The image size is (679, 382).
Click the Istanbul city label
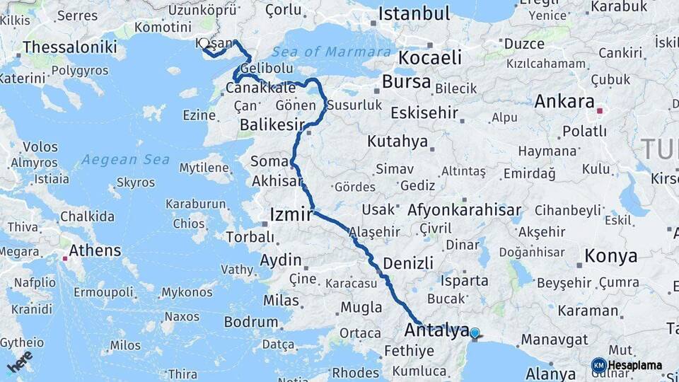(x=414, y=13)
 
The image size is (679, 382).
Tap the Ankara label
(x=564, y=101)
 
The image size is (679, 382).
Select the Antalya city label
(x=436, y=330)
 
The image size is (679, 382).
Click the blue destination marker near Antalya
(x=475, y=333)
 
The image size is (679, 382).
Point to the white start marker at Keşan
(x=204, y=43)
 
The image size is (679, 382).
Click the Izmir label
(x=291, y=214)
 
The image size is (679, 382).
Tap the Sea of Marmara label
(x=332, y=52)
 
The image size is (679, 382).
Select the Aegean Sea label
(x=125, y=160)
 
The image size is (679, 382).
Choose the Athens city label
(x=95, y=250)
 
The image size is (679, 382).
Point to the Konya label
(x=610, y=255)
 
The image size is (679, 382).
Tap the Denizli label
(x=408, y=263)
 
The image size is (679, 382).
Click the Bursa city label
(x=406, y=81)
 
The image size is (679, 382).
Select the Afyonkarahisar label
(x=465, y=209)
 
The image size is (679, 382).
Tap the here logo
(x=19, y=361)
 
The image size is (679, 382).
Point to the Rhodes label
(x=356, y=372)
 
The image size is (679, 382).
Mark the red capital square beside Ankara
(x=600, y=110)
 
